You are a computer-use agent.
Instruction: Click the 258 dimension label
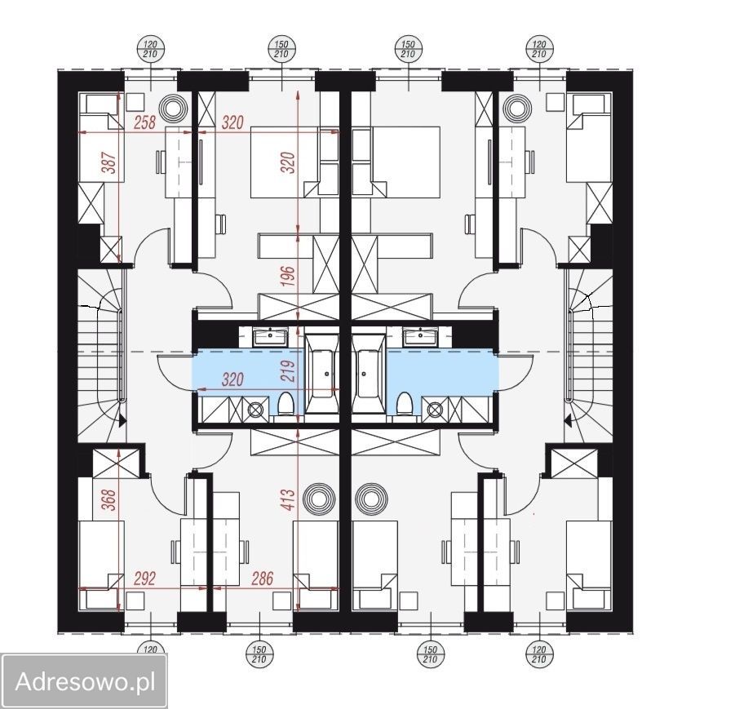[x=145, y=122]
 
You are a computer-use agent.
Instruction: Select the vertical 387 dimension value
[x=109, y=162]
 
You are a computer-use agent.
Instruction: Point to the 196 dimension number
[x=290, y=277]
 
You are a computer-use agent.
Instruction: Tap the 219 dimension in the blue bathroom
[x=290, y=371]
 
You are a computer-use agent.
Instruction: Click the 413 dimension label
[x=289, y=499]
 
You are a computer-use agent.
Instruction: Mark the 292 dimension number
[x=144, y=578]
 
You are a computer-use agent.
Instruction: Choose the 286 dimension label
[x=262, y=578]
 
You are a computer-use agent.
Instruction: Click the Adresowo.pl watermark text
[x=85, y=682]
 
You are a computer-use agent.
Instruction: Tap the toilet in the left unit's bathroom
[x=285, y=404]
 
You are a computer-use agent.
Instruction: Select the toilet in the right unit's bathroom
[x=404, y=404]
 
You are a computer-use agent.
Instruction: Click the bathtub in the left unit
[x=321, y=374]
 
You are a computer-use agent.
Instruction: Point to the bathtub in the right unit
[x=369, y=374]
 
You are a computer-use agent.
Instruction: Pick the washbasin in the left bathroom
[x=270, y=337]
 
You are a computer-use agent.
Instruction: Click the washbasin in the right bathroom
[x=420, y=337]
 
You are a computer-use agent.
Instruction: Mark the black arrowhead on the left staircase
[x=122, y=421]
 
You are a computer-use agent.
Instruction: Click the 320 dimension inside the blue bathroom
[x=232, y=379]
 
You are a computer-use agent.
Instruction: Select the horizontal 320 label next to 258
[x=232, y=122]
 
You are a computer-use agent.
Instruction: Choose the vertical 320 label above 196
[x=290, y=162]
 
